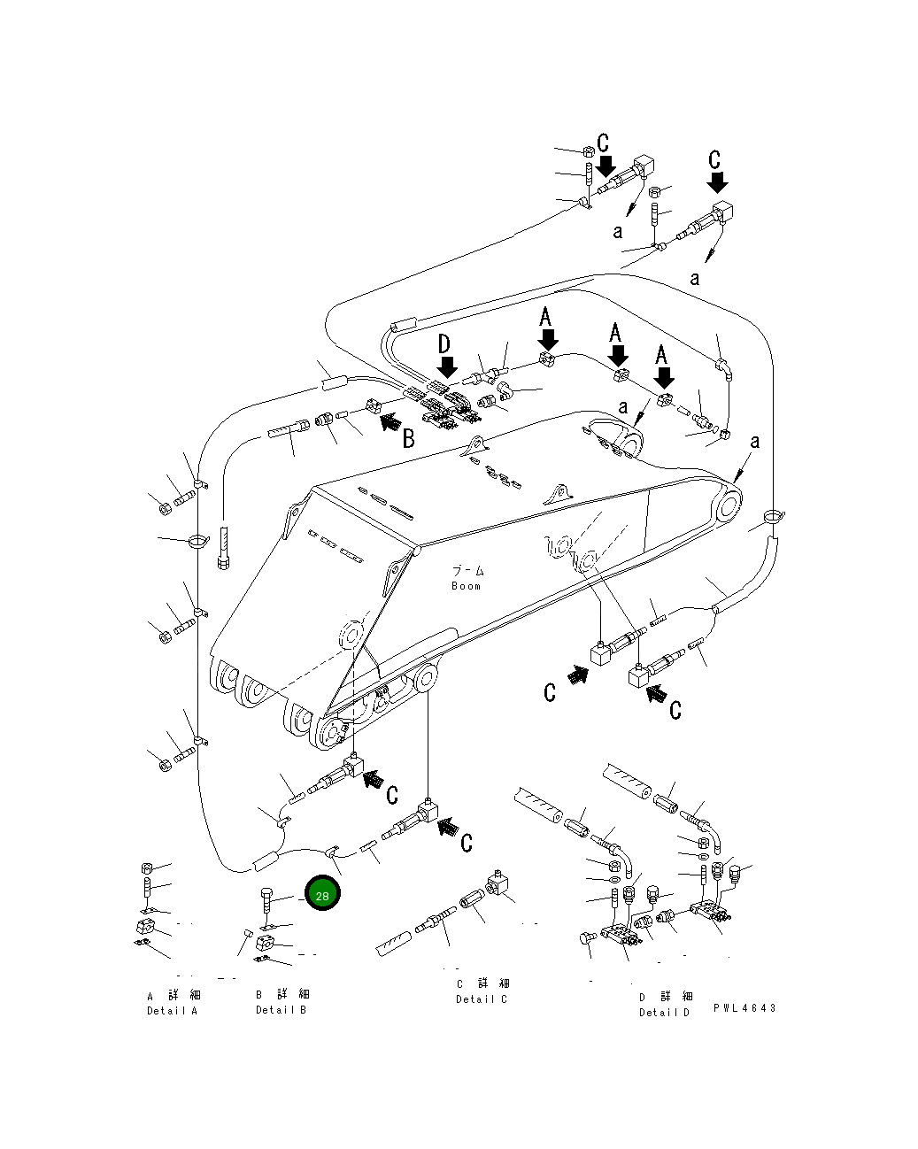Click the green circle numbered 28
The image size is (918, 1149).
tap(322, 896)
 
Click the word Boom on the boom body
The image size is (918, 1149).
tap(467, 586)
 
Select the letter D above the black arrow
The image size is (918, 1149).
tap(444, 344)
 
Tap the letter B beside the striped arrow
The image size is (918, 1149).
tap(408, 437)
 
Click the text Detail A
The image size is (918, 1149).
tap(173, 1011)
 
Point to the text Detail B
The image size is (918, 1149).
tap(282, 1010)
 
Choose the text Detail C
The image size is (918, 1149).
tap(482, 999)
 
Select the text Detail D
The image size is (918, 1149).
tap(665, 1013)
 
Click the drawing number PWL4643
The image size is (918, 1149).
tap(744, 1008)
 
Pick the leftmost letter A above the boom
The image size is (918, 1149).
tap(546, 317)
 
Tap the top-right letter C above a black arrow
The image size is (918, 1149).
tap(715, 160)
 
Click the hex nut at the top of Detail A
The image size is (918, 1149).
tap(148, 868)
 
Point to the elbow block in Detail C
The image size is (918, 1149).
tap(498, 884)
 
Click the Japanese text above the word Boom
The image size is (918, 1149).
tap(468, 571)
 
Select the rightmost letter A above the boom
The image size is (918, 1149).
tap(661, 355)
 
